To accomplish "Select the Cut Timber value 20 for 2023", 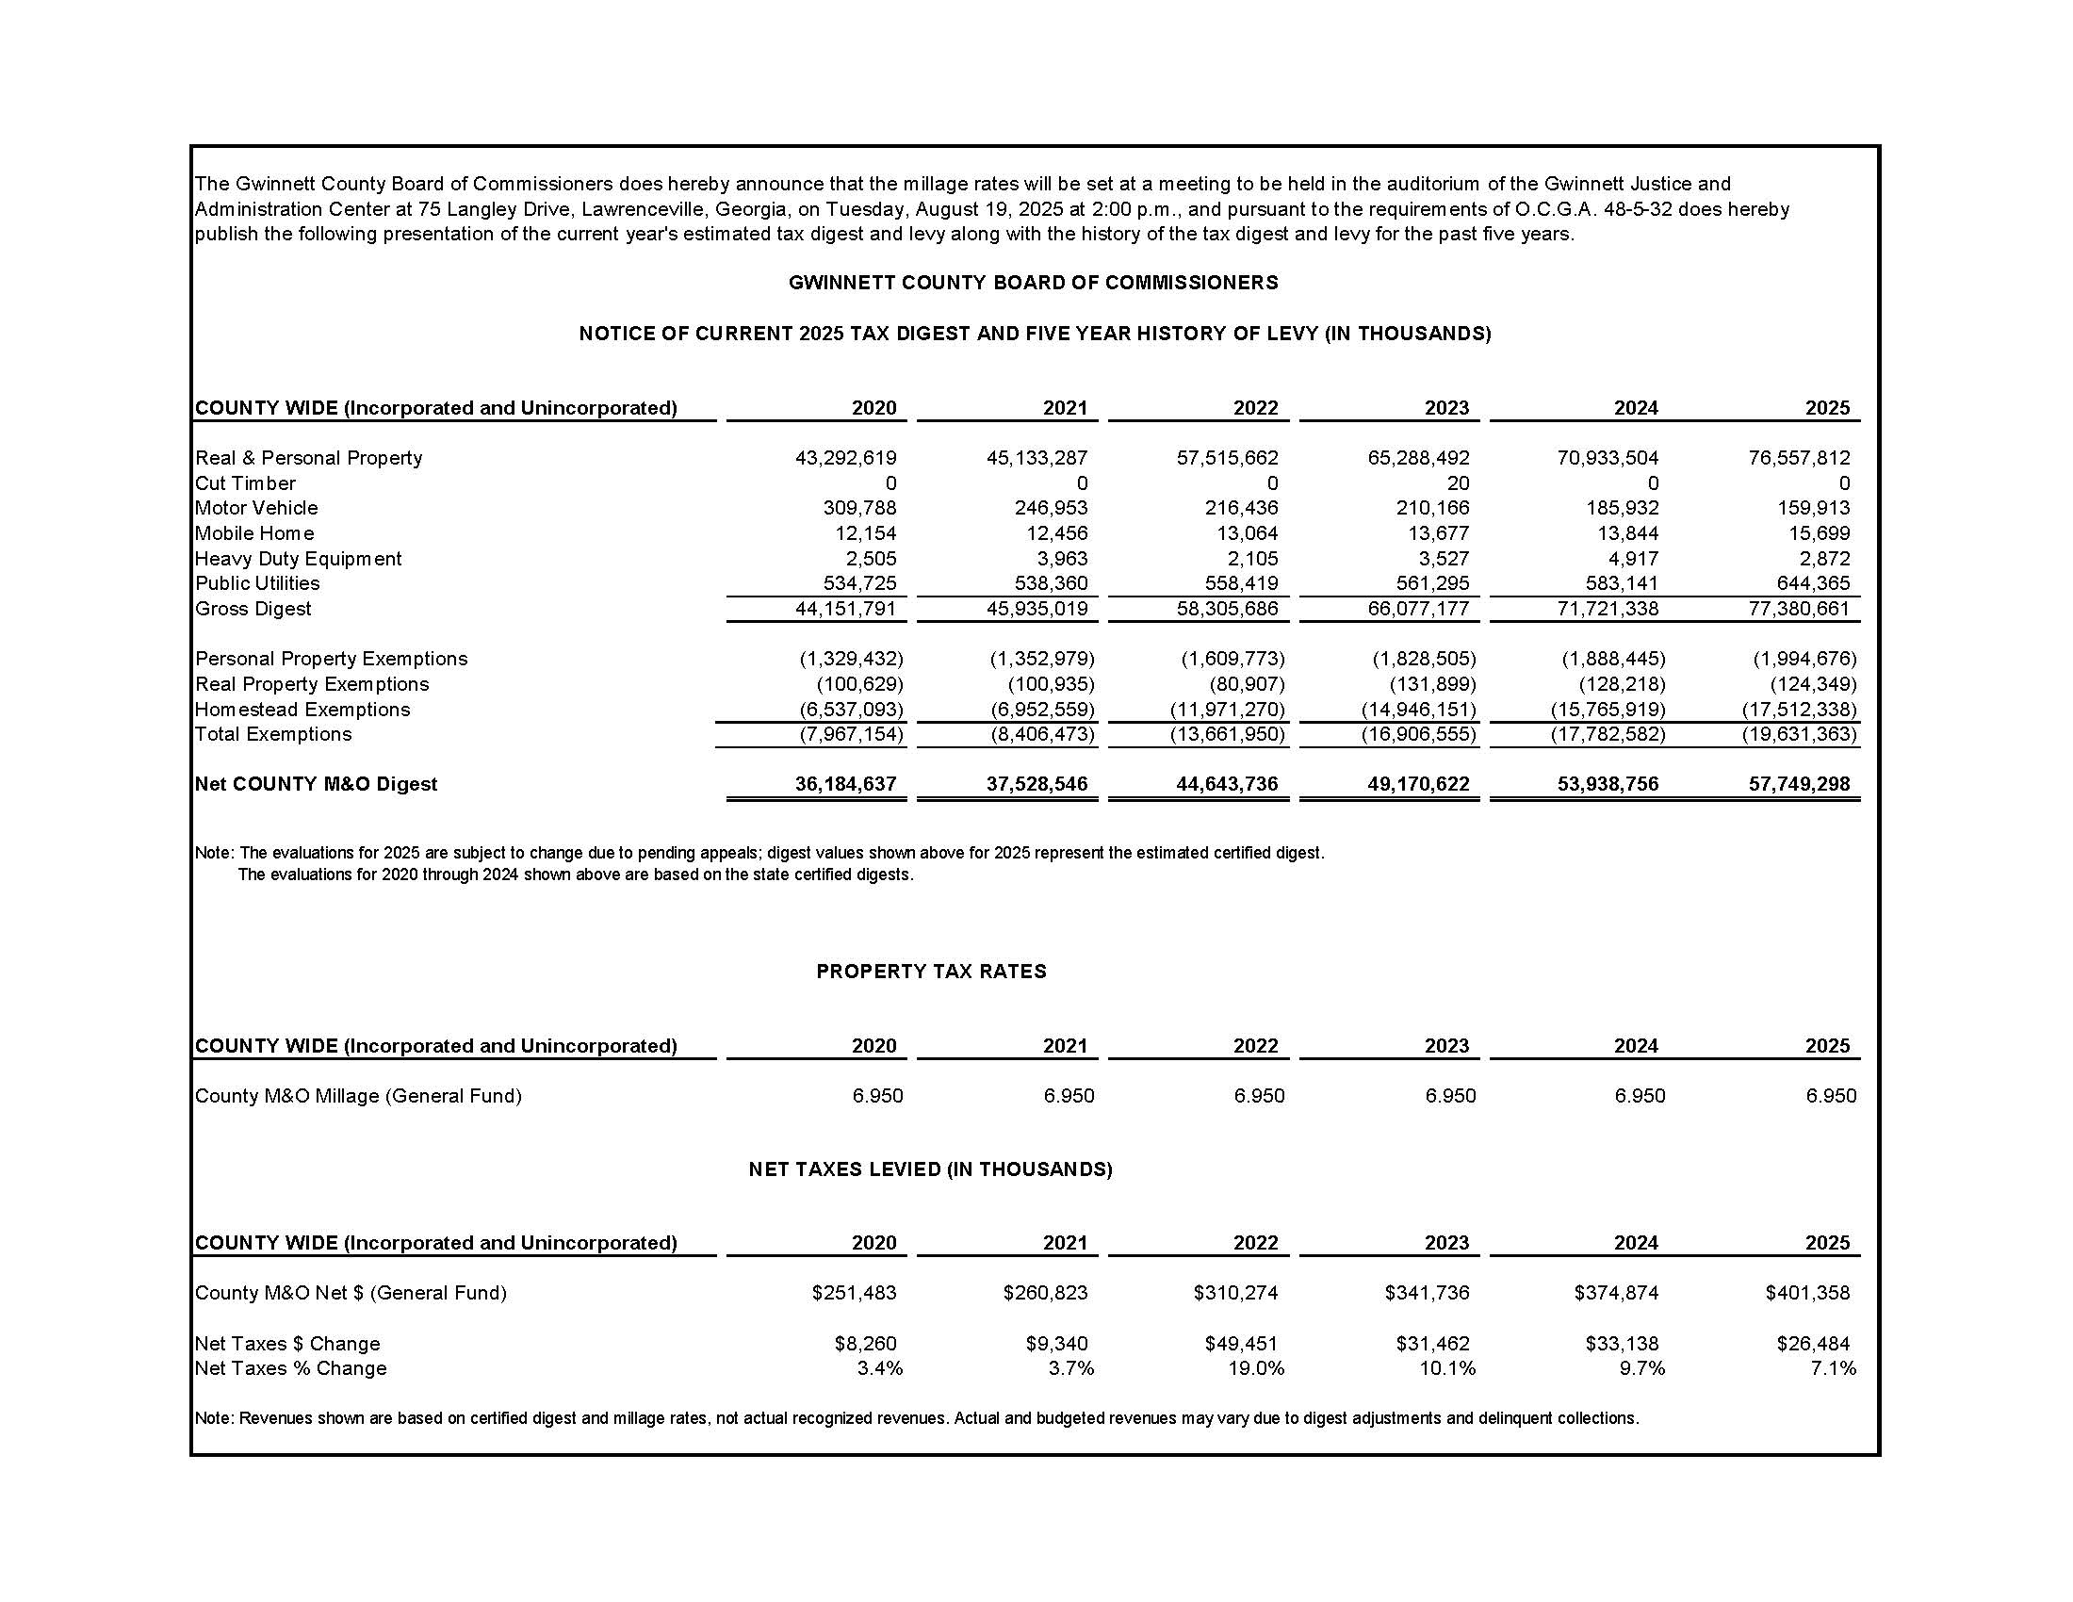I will [1458, 483].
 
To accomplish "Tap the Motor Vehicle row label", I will [256, 508].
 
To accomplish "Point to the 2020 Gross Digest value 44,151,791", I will [846, 609].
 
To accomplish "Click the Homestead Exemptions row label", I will [302, 710].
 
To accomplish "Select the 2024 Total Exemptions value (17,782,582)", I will [1608, 735].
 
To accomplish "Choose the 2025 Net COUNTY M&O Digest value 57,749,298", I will [1800, 784].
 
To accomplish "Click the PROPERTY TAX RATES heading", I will [931, 972].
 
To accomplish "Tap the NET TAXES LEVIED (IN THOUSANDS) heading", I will [930, 1169].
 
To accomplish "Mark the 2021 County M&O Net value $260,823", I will [1045, 1293].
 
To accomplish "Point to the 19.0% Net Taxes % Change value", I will [1256, 1368].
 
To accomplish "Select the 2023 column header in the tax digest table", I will [1445, 408].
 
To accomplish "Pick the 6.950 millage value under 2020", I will [877, 1096].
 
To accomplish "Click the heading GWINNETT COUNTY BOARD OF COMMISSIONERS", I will [1033, 283].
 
